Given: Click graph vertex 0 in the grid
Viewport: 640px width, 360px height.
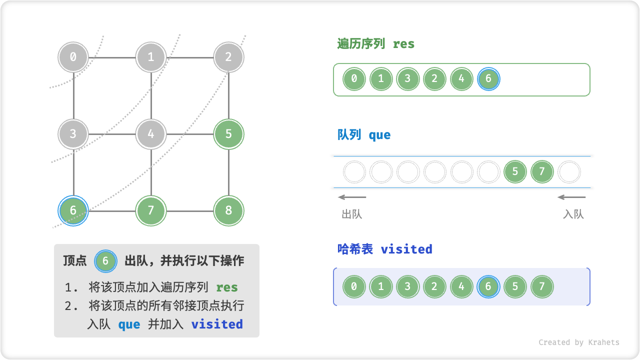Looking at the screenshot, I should [x=73, y=57].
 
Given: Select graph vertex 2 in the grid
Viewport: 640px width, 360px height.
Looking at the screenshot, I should [x=228, y=57].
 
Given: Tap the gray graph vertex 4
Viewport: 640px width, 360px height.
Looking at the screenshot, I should [x=151, y=134].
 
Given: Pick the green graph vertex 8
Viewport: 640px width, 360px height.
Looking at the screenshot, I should [x=228, y=210].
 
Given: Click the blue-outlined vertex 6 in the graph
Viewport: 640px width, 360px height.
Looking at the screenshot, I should [x=73, y=210].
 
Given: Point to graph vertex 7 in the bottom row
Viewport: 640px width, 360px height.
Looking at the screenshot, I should [x=151, y=210].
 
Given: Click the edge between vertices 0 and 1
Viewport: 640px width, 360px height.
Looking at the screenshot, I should [x=112, y=57].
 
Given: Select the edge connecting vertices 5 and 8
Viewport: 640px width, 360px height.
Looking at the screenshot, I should [x=228, y=172].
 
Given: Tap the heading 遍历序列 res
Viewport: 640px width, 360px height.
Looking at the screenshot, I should [x=376, y=44].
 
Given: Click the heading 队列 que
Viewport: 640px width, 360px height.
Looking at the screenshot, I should [x=364, y=135].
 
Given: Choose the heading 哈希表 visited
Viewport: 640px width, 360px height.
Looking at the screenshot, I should [x=384, y=249].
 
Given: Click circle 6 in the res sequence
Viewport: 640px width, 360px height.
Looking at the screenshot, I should [x=488, y=79].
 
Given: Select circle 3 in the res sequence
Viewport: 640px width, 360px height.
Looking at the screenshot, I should [x=408, y=79].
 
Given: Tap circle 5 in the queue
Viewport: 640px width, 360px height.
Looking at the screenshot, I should [x=515, y=172].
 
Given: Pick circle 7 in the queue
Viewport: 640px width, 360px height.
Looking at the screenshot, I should [x=542, y=172].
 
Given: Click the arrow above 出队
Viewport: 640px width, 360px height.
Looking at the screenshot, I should [x=352, y=197].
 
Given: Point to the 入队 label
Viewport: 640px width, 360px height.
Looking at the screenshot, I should [x=573, y=214].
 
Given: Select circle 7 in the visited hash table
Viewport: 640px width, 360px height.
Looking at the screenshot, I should [x=542, y=287].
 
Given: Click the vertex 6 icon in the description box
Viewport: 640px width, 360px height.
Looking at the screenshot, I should [x=105, y=261].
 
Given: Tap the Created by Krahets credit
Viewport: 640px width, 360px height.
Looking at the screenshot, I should [x=578, y=342].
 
